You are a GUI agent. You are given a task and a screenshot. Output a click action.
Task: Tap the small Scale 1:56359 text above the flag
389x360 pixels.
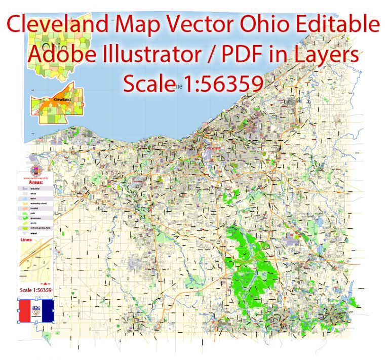[35, 290]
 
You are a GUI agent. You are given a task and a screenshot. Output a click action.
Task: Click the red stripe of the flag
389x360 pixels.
[24, 311]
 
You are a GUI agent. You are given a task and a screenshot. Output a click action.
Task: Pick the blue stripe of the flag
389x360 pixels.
[49, 311]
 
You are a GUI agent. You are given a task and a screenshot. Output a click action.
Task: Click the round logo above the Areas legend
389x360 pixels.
[35, 171]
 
